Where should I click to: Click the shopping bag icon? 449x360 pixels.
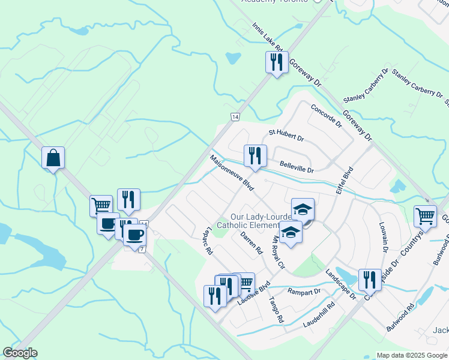coord(53,158)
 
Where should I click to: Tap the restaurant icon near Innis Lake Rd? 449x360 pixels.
coord(276,62)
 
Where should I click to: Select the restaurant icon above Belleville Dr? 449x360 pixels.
coord(255,156)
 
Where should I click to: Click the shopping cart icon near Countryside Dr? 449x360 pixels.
coord(425,216)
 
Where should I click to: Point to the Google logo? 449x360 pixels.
coord(20,352)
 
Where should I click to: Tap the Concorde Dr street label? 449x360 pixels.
coord(326,116)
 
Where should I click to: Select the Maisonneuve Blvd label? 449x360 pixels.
coord(232,174)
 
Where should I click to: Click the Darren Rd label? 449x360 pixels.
coord(252,244)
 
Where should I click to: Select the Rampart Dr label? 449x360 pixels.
coord(304,292)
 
